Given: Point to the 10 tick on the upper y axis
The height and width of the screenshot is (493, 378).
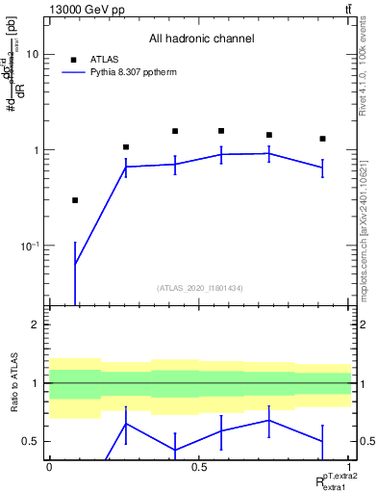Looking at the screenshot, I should (x=32, y=55).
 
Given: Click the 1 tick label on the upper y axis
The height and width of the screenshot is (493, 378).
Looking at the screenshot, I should (x=35, y=150).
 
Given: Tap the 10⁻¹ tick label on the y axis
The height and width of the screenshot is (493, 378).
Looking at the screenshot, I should (x=30, y=246).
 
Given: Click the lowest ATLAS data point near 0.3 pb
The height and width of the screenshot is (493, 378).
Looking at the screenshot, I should (x=75, y=200).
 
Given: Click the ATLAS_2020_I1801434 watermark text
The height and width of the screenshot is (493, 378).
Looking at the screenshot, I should (x=200, y=288).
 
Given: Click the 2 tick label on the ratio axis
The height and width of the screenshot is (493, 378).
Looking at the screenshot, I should (x=35, y=324).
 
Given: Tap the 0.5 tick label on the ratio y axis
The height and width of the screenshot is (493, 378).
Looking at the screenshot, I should (x=31, y=441).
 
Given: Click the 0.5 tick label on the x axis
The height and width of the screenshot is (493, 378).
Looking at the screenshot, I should (x=199, y=467).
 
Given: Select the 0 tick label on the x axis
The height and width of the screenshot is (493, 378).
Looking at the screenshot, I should (x=49, y=467).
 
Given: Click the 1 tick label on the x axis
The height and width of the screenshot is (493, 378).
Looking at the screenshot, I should (x=349, y=467).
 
